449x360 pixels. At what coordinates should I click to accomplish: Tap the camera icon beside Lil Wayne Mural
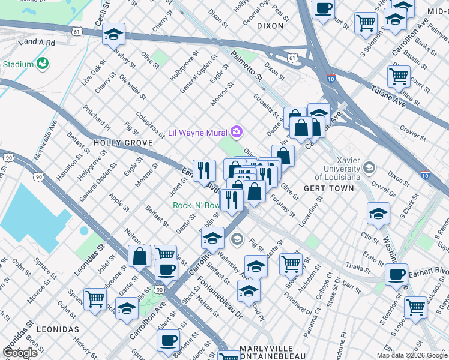pyautogui.click(x=237, y=131)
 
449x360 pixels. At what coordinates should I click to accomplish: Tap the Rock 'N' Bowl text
pyautogui.click(x=196, y=205)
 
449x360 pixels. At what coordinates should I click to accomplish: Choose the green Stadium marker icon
pyautogui.click(x=42, y=63)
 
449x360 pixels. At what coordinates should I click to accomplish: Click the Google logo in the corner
pyautogui.click(x=20, y=353)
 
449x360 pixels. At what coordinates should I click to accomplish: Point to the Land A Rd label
pyautogui.click(x=37, y=43)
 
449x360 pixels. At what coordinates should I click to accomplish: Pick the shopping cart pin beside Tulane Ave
pyautogui.click(x=399, y=76)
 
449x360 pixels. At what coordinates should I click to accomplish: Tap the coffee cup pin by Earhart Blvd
pyautogui.click(x=396, y=274)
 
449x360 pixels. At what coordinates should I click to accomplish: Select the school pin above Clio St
pyautogui.click(x=378, y=214)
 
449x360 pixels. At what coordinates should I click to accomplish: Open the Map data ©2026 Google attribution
pyautogui.click(x=412, y=355)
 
